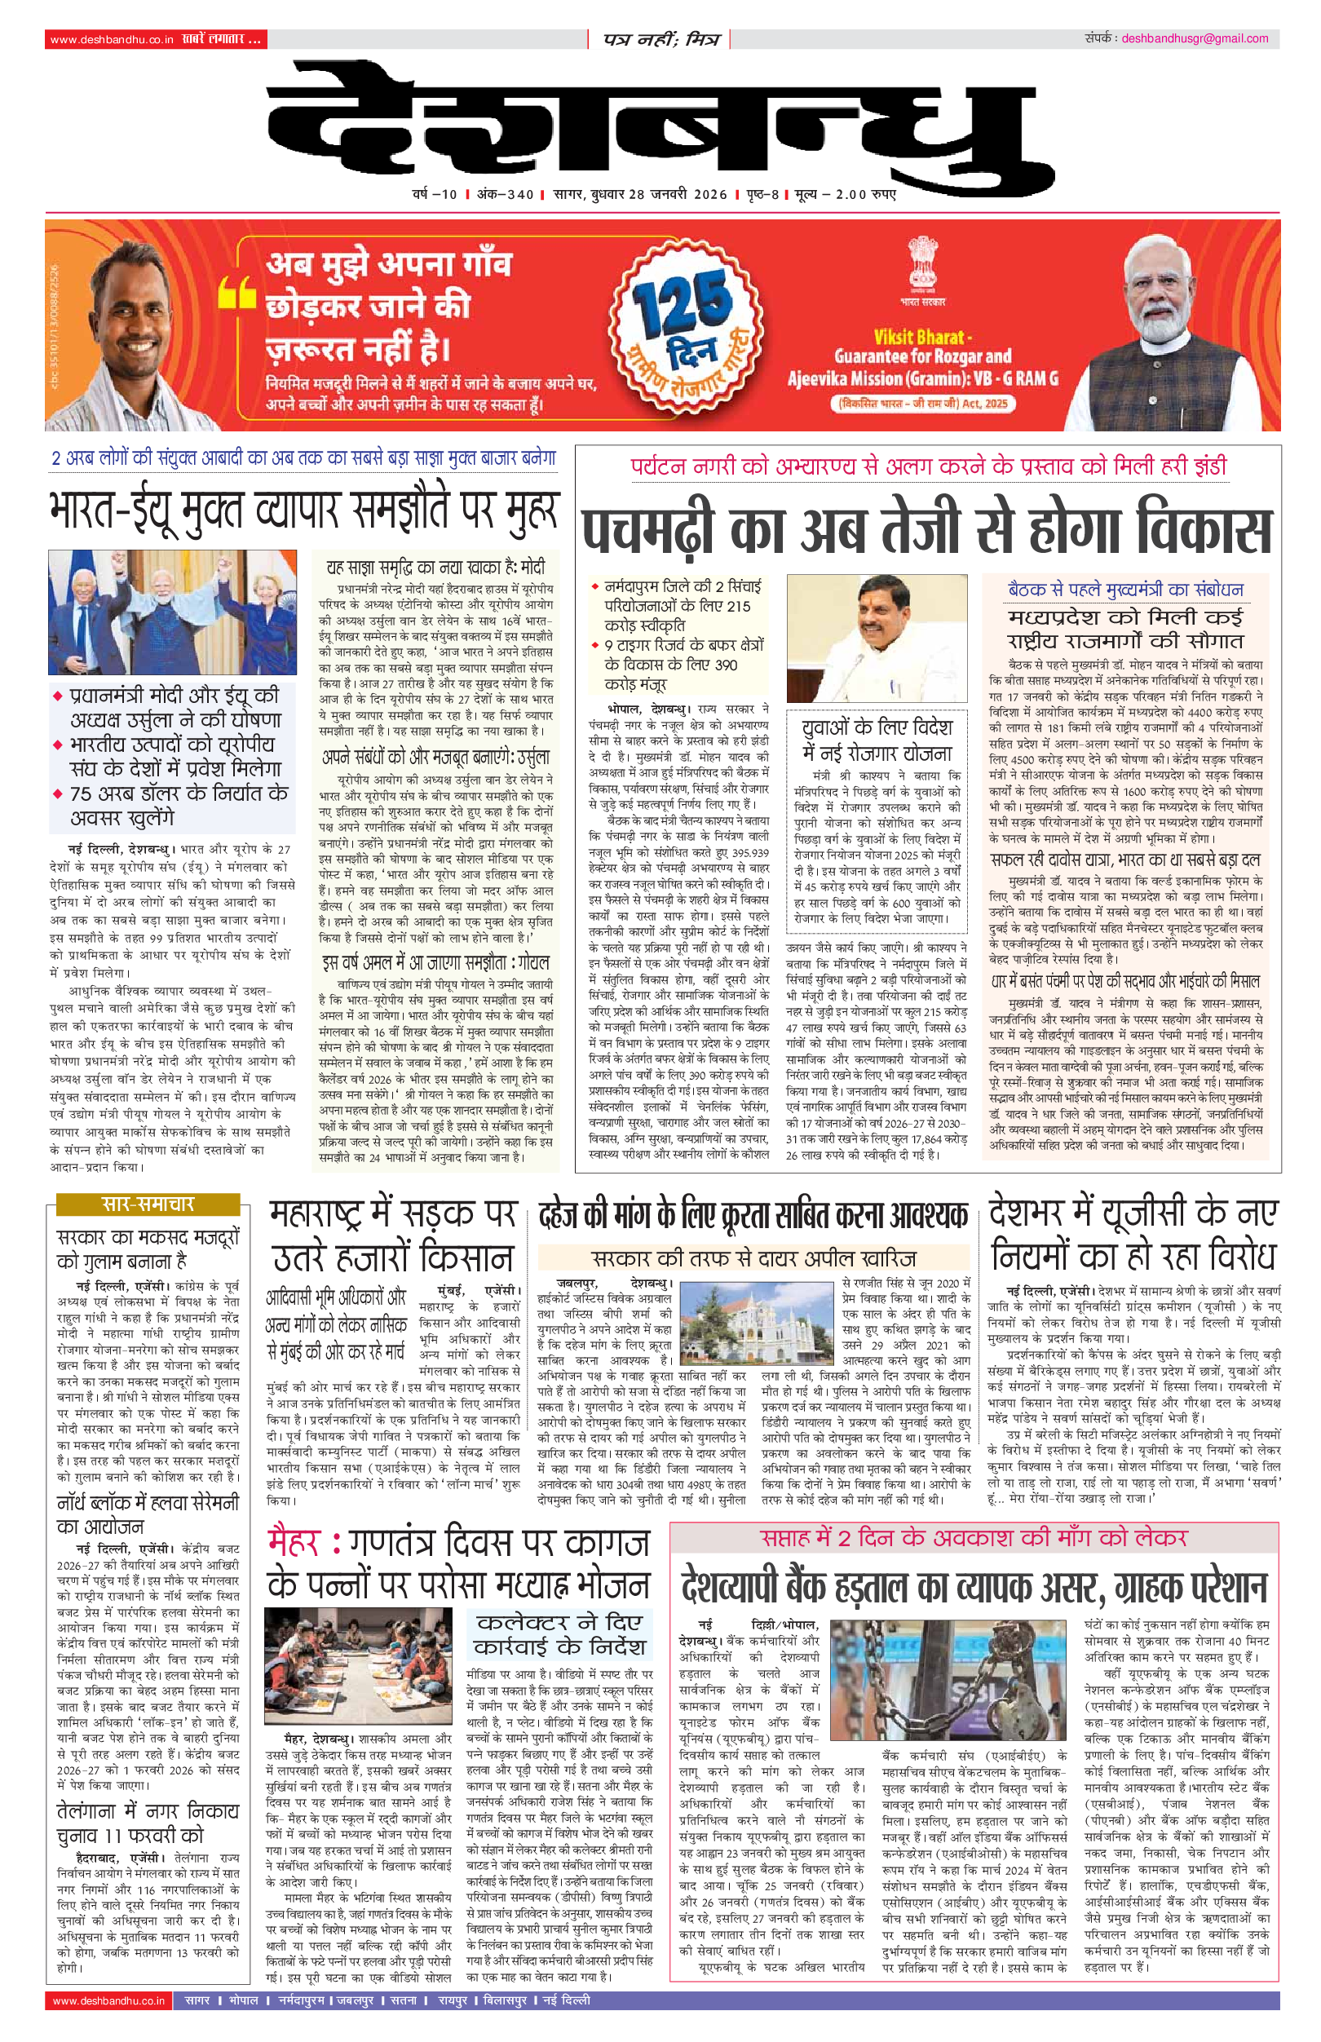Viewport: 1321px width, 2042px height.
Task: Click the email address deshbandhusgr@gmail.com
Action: click(1194, 38)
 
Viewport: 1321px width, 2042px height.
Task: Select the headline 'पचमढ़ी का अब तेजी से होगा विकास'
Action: click(926, 529)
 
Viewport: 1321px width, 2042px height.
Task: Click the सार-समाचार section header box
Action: click(148, 1204)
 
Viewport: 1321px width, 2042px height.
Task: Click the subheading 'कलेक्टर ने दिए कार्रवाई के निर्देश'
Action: click(559, 1634)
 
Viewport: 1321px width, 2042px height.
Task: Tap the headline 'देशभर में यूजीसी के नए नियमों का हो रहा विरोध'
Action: click(1133, 1235)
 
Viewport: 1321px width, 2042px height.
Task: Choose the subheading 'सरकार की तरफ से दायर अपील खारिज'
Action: click(754, 1258)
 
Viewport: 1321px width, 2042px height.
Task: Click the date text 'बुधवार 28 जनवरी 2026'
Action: click(658, 195)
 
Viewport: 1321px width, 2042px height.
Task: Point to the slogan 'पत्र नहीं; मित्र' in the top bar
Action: click(660, 39)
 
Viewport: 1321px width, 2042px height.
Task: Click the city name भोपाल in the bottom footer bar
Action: click(244, 2000)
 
